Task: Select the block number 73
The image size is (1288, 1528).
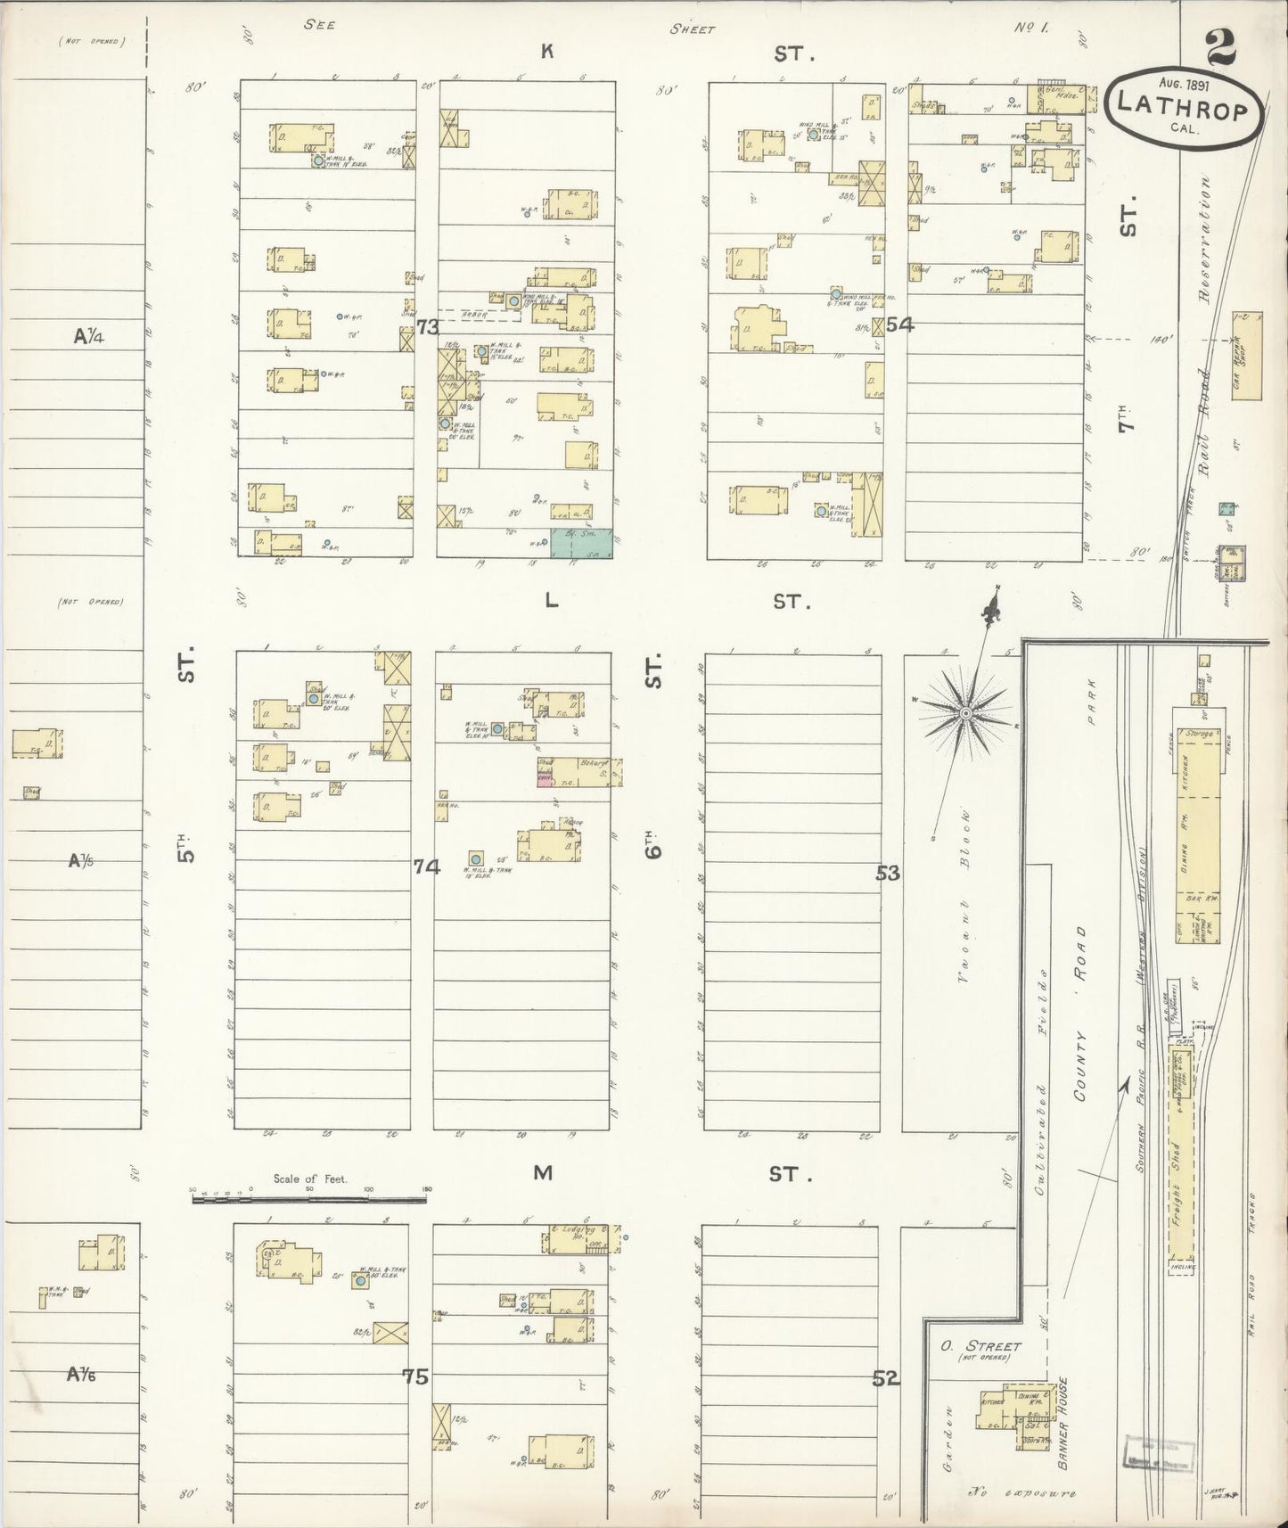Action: coord(428,327)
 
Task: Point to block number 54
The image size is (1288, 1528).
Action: coord(899,324)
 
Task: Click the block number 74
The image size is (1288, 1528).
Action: coord(426,865)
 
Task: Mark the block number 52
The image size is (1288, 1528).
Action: coord(885,1379)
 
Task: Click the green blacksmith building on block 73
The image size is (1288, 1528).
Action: coord(582,543)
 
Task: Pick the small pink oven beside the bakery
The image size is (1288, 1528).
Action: coord(543,779)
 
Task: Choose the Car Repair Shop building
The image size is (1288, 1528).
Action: coord(1246,356)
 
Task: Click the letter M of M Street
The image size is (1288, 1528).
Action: coord(543,1173)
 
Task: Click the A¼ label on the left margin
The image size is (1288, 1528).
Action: coord(90,336)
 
